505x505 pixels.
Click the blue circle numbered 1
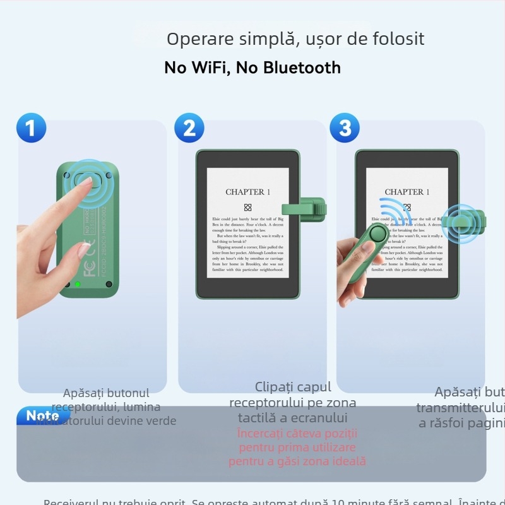click(x=31, y=128)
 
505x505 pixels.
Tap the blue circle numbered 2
click(x=189, y=128)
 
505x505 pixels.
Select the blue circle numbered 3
click(x=345, y=128)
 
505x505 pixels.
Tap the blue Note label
click(x=42, y=416)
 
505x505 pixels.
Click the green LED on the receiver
click(x=78, y=285)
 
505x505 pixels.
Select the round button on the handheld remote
click(x=378, y=234)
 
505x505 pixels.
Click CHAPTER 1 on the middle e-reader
click(x=248, y=192)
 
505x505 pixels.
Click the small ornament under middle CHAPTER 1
click(x=247, y=207)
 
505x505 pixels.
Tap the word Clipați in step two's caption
click(x=275, y=387)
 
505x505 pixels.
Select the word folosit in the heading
click(x=397, y=39)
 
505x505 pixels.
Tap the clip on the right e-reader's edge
click(x=464, y=222)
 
